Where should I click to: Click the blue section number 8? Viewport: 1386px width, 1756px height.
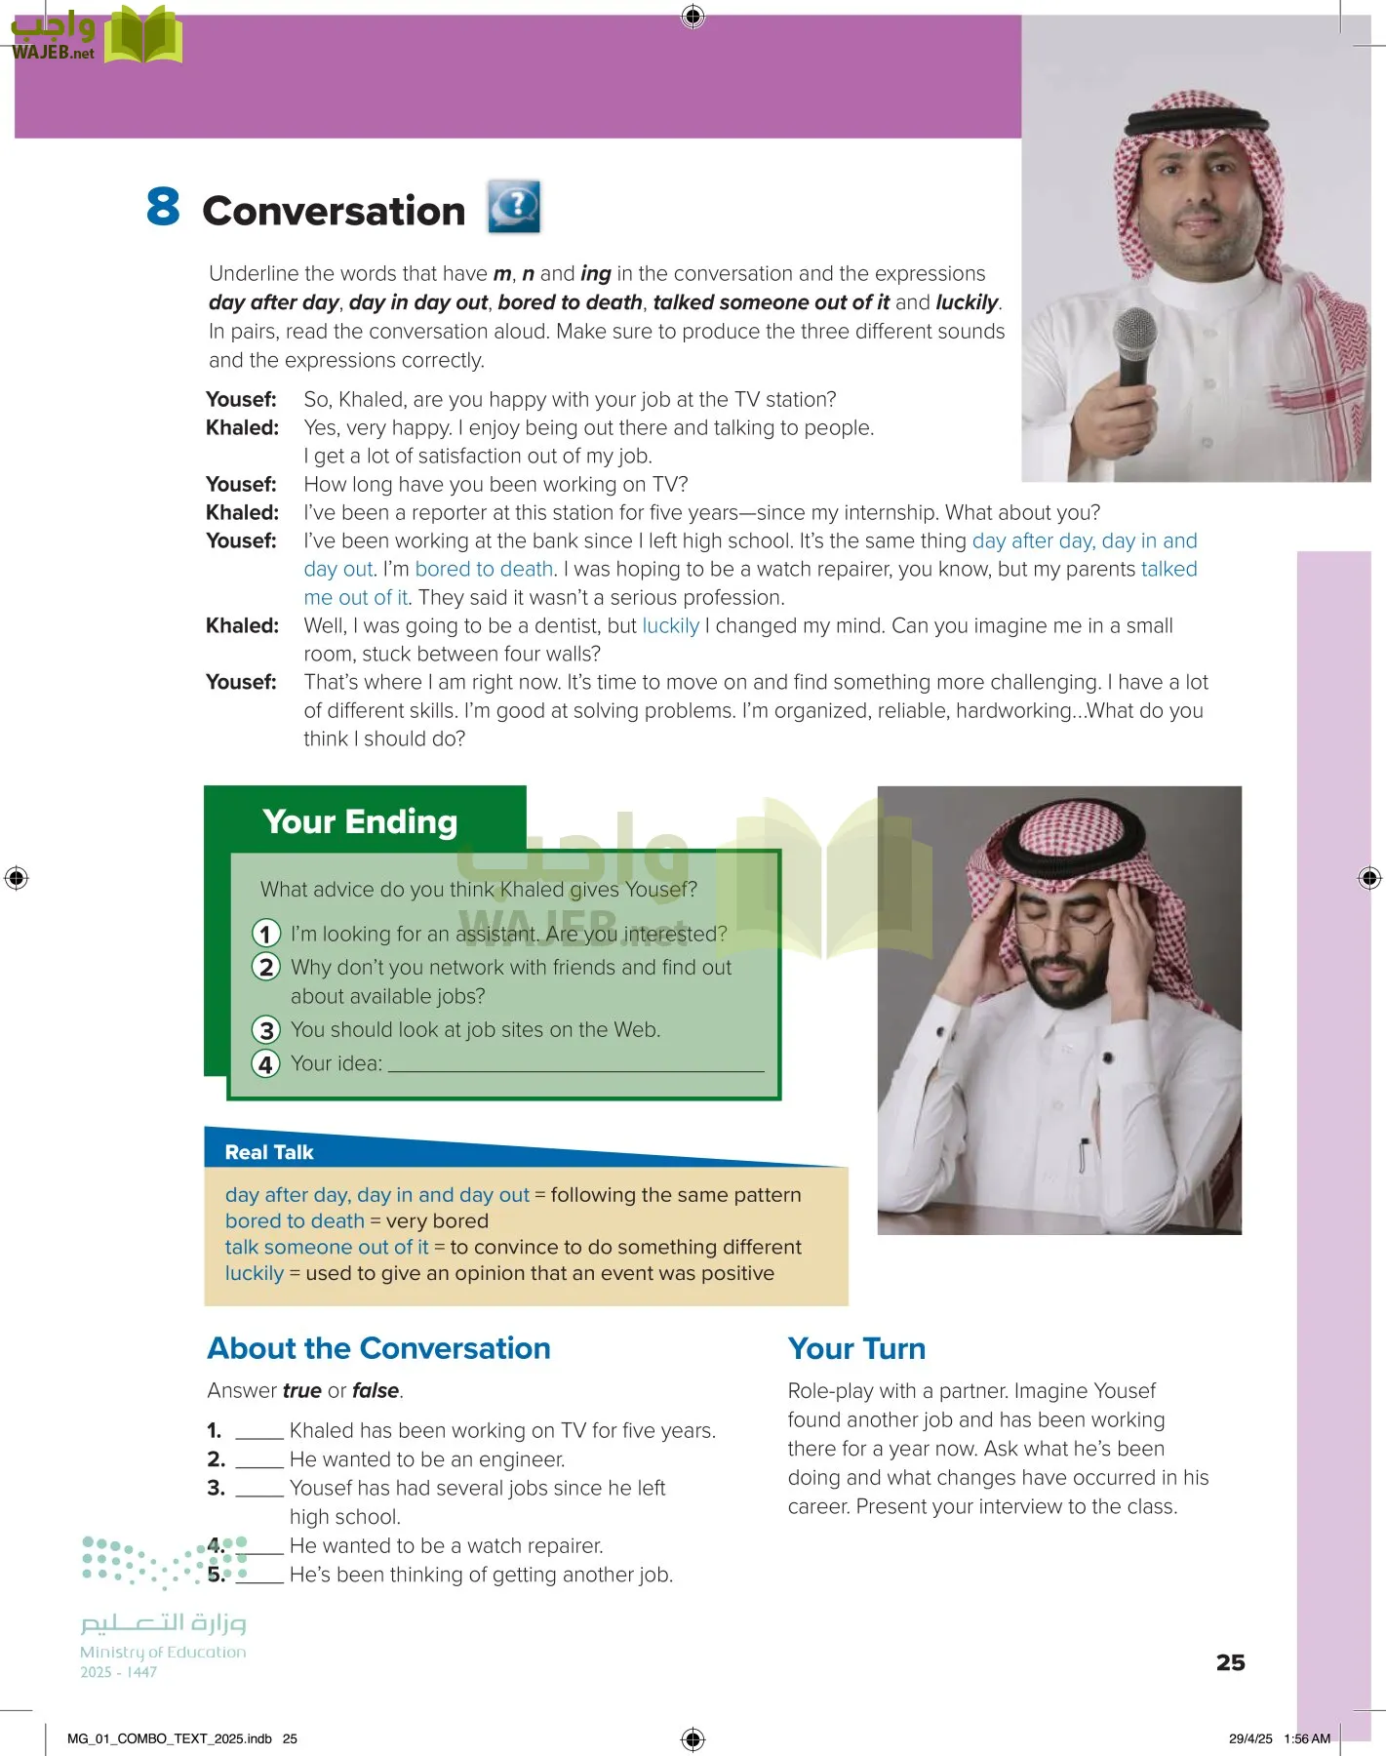pos(163,207)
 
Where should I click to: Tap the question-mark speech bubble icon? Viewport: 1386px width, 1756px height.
pos(514,207)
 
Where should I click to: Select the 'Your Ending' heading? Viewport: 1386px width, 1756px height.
pos(359,821)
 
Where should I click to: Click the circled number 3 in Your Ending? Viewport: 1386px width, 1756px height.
pos(265,1030)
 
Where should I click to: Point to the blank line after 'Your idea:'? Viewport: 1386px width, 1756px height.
pos(575,1067)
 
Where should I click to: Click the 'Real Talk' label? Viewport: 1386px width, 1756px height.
pos(268,1152)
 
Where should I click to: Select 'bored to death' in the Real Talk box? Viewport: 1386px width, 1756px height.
pos(294,1221)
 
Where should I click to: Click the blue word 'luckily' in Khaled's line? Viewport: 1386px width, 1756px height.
pos(670,626)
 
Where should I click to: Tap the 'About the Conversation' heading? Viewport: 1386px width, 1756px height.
pos(378,1348)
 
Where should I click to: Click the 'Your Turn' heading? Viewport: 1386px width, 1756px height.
pos(856,1349)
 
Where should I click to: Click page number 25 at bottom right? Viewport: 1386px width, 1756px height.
pos(1230,1662)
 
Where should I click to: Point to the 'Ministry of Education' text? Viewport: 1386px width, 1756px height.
pos(163,1652)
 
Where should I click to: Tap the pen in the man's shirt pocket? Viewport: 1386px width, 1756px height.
pos(1083,1154)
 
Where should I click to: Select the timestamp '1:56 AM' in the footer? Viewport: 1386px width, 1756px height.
pos(1307,1738)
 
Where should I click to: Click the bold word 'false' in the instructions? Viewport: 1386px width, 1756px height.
pos(376,1390)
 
